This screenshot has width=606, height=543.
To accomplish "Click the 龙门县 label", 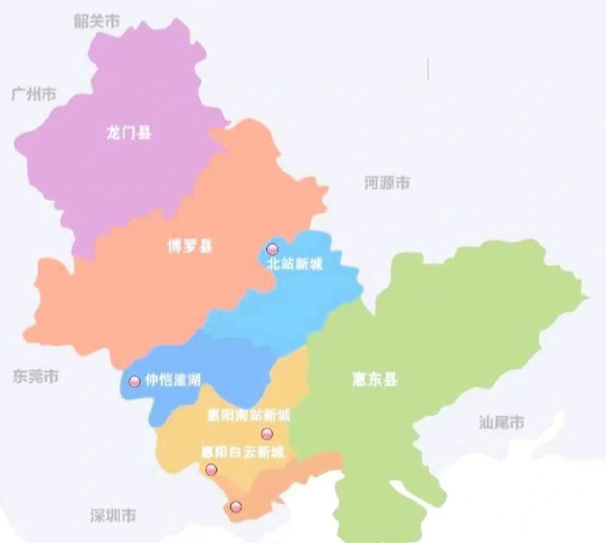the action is tap(129, 133).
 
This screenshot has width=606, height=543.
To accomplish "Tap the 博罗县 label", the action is tap(190, 247).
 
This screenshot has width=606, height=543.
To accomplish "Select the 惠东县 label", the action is tap(375, 380).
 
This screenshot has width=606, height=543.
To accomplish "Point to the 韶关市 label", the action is tap(97, 21).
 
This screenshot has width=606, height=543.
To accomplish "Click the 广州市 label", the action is tap(34, 95).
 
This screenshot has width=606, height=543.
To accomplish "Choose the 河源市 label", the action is tap(387, 183).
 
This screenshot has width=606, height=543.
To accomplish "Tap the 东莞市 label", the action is tap(36, 376).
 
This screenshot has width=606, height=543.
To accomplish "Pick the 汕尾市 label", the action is tap(501, 423).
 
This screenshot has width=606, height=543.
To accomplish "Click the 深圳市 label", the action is tap(113, 515).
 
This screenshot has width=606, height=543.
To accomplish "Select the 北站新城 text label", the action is tap(295, 264).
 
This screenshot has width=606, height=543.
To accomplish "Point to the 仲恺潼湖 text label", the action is tap(172, 381).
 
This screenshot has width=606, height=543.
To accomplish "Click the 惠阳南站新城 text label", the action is tap(248, 415).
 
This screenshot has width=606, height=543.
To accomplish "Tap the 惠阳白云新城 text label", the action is tap(243, 452).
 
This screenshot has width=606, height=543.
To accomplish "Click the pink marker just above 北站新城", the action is tap(272, 249).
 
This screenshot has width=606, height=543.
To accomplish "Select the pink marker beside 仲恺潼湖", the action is tap(135, 382).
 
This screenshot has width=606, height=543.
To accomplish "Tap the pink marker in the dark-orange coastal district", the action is tap(236, 506).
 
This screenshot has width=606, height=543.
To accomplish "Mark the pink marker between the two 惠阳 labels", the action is tap(267, 433).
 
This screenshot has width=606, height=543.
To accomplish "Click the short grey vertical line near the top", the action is tap(428, 69).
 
